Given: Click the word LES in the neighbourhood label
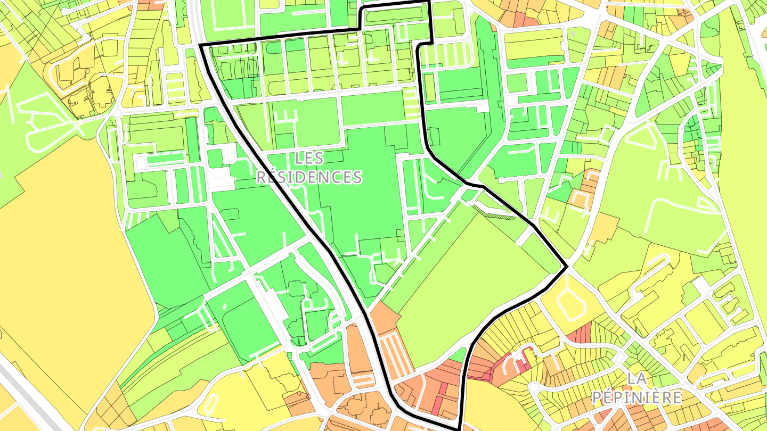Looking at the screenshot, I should [309, 158].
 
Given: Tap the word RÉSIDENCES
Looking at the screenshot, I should [309, 177].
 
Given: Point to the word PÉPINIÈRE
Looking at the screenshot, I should [637, 397].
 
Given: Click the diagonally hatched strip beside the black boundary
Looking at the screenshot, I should [495, 215].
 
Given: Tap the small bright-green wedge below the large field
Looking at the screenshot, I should [459, 354].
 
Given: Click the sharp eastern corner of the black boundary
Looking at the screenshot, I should [567, 266].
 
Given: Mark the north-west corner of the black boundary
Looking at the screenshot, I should [200, 45].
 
